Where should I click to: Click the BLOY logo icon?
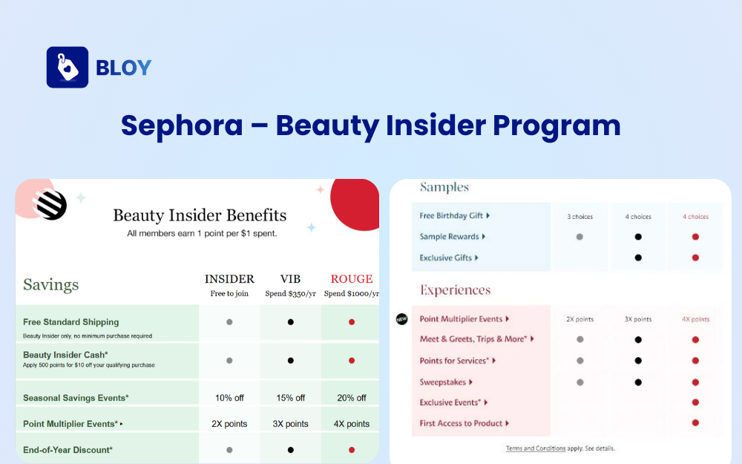[68, 68]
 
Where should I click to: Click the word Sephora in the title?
[182, 125]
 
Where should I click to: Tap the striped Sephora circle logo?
[51, 206]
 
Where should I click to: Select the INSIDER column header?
[229, 279]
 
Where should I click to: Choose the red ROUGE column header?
[352, 279]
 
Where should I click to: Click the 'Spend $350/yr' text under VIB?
[290, 293]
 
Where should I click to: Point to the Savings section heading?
[50, 285]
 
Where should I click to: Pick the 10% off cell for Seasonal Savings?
[229, 398]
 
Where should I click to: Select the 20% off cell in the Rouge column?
[352, 398]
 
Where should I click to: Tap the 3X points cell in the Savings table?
[290, 424]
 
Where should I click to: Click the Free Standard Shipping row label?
[70, 322]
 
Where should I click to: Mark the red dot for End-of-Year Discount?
[352, 450]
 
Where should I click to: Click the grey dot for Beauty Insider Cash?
[229, 361]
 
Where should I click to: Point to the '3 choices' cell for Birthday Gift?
[580, 217]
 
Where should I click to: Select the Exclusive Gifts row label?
[447, 258]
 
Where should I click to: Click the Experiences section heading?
[455, 290]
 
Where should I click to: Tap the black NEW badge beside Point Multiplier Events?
[402, 319]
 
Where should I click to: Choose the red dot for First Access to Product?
[695, 423]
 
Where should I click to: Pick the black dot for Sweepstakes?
[637, 382]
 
